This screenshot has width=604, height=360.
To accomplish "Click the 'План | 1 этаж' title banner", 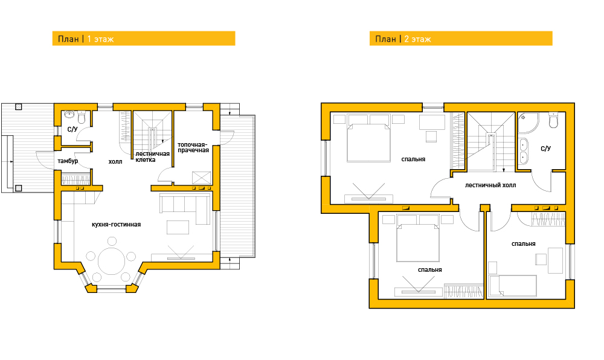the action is [144, 39].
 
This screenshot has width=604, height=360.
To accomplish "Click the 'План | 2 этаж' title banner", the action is [461, 39].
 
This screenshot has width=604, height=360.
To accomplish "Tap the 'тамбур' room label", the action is [68, 161].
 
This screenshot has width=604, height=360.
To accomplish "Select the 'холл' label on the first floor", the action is [115, 162].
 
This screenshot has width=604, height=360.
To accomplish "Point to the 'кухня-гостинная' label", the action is [117, 225].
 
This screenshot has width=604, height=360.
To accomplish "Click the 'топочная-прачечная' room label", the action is [193, 147].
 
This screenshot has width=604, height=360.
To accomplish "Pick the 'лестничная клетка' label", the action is [153, 156].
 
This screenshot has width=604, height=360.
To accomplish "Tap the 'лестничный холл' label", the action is [490, 185].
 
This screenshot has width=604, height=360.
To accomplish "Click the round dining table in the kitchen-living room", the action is [111, 261].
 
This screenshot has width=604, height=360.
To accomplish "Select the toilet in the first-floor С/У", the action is [82, 117].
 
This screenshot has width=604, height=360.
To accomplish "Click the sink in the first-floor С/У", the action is [69, 114].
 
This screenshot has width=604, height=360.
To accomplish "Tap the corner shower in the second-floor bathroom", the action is [528, 123].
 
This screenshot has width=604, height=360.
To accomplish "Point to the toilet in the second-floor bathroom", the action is [553, 121].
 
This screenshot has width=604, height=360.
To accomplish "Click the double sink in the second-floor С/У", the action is [523, 152].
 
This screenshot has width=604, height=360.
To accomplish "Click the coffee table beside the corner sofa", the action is [178, 227].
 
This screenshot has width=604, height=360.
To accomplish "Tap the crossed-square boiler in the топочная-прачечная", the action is [202, 178].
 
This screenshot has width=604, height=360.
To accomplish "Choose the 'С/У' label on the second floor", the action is [546, 149].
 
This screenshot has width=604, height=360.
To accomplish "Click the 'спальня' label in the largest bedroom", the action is [413, 159].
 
